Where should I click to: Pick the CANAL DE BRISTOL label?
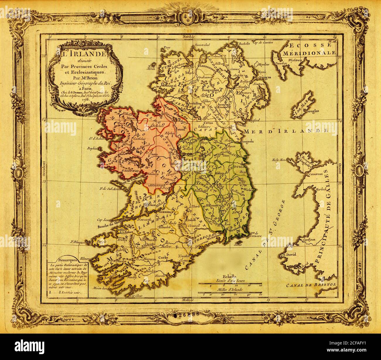click(x=311, y=285)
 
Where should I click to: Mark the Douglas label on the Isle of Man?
click(x=312, y=111)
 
